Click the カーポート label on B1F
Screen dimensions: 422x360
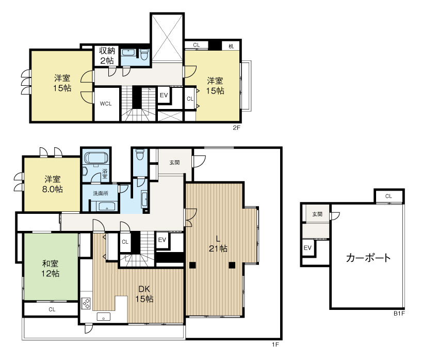(x=368, y=258)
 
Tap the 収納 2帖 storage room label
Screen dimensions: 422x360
(x=107, y=55)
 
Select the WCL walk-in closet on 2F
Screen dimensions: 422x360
(x=106, y=104)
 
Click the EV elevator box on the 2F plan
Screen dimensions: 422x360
(x=164, y=95)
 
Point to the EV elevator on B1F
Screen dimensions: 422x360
(x=307, y=247)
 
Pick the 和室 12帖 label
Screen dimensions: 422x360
(x=51, y=269)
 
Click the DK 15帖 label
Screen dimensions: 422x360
(x=144, y=294)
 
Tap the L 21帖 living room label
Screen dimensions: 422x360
(x=218, y=244)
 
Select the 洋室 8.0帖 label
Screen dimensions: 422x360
(x=53, y=184)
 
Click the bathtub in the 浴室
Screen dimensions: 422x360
(x=96, y=158)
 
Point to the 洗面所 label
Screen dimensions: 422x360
(x=101, y=193)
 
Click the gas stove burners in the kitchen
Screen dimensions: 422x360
(x=86, y=303)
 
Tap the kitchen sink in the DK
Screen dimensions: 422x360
(x=104, y=317)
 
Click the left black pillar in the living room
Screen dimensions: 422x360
(x=192, y=265)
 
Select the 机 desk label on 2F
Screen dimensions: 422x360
(x=231, y=46)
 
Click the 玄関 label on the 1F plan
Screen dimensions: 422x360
(x=175, y=163)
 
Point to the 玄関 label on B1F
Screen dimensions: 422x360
(x=317, y=214)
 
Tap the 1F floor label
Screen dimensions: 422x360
(x=275, y=345)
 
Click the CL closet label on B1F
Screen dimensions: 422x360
(x=388, y=196)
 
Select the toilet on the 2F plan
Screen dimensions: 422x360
(x=144, y=55)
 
